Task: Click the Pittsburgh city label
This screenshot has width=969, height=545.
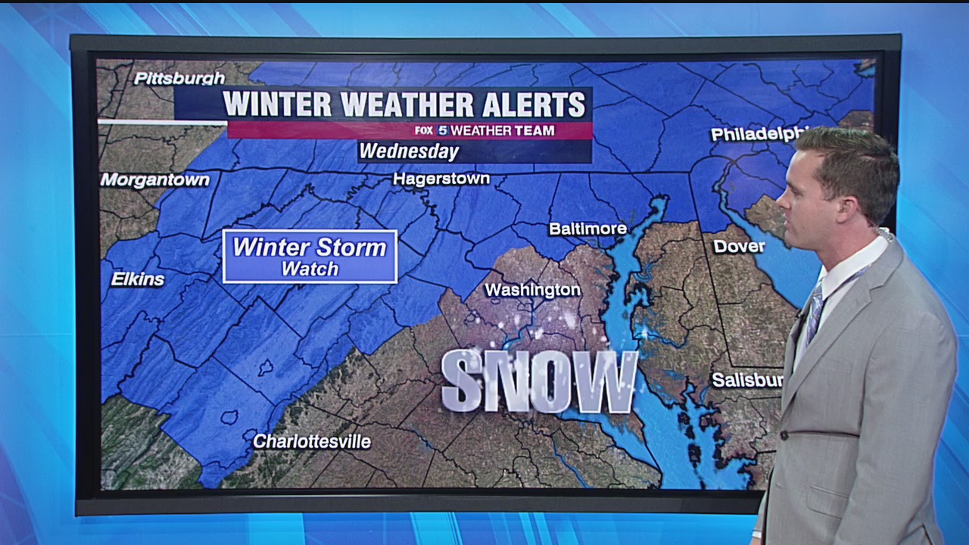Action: [x=179, y=78]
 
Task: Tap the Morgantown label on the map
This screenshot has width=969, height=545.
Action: [x=154, y=180]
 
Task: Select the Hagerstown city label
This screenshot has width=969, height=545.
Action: [x=441, y=179]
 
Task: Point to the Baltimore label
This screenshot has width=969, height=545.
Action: [x=587, y=229]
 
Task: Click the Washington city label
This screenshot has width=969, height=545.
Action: [x=532, y=290]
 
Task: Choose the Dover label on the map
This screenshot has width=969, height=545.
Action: [x=739, y=247]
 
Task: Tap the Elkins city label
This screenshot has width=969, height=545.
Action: [x=138, y=279]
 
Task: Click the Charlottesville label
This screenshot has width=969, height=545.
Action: [x=312, y=441]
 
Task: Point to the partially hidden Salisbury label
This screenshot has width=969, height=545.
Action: [x=746, y=380]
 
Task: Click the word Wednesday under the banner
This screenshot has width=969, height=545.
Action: [x=409, y=151]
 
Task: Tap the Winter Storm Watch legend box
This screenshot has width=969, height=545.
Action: [x=310, y=257]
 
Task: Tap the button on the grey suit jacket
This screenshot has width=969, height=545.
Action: [x=784, y=435]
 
